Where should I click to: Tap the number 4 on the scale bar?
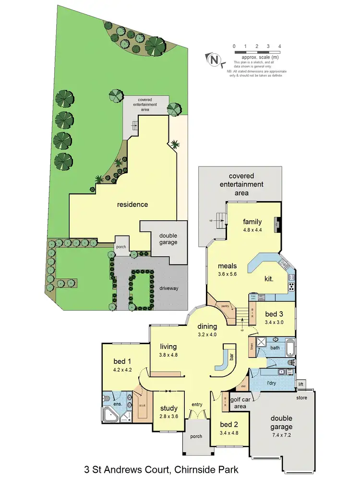pyautogui.click(x=279, y=46)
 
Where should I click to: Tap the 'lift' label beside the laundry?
pyautogui.click(x=301, y=384)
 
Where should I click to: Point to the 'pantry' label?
pyautogui.click(x=221, y=305)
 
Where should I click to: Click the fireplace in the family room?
pyautogui.click(x=276, y=224)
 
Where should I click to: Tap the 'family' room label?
pyautogui.click(x=252, y=222)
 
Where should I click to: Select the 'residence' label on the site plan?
pyautogui.click(x=132, y=204)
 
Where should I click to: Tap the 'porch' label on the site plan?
pyautogui.click(x=120, y=247)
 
